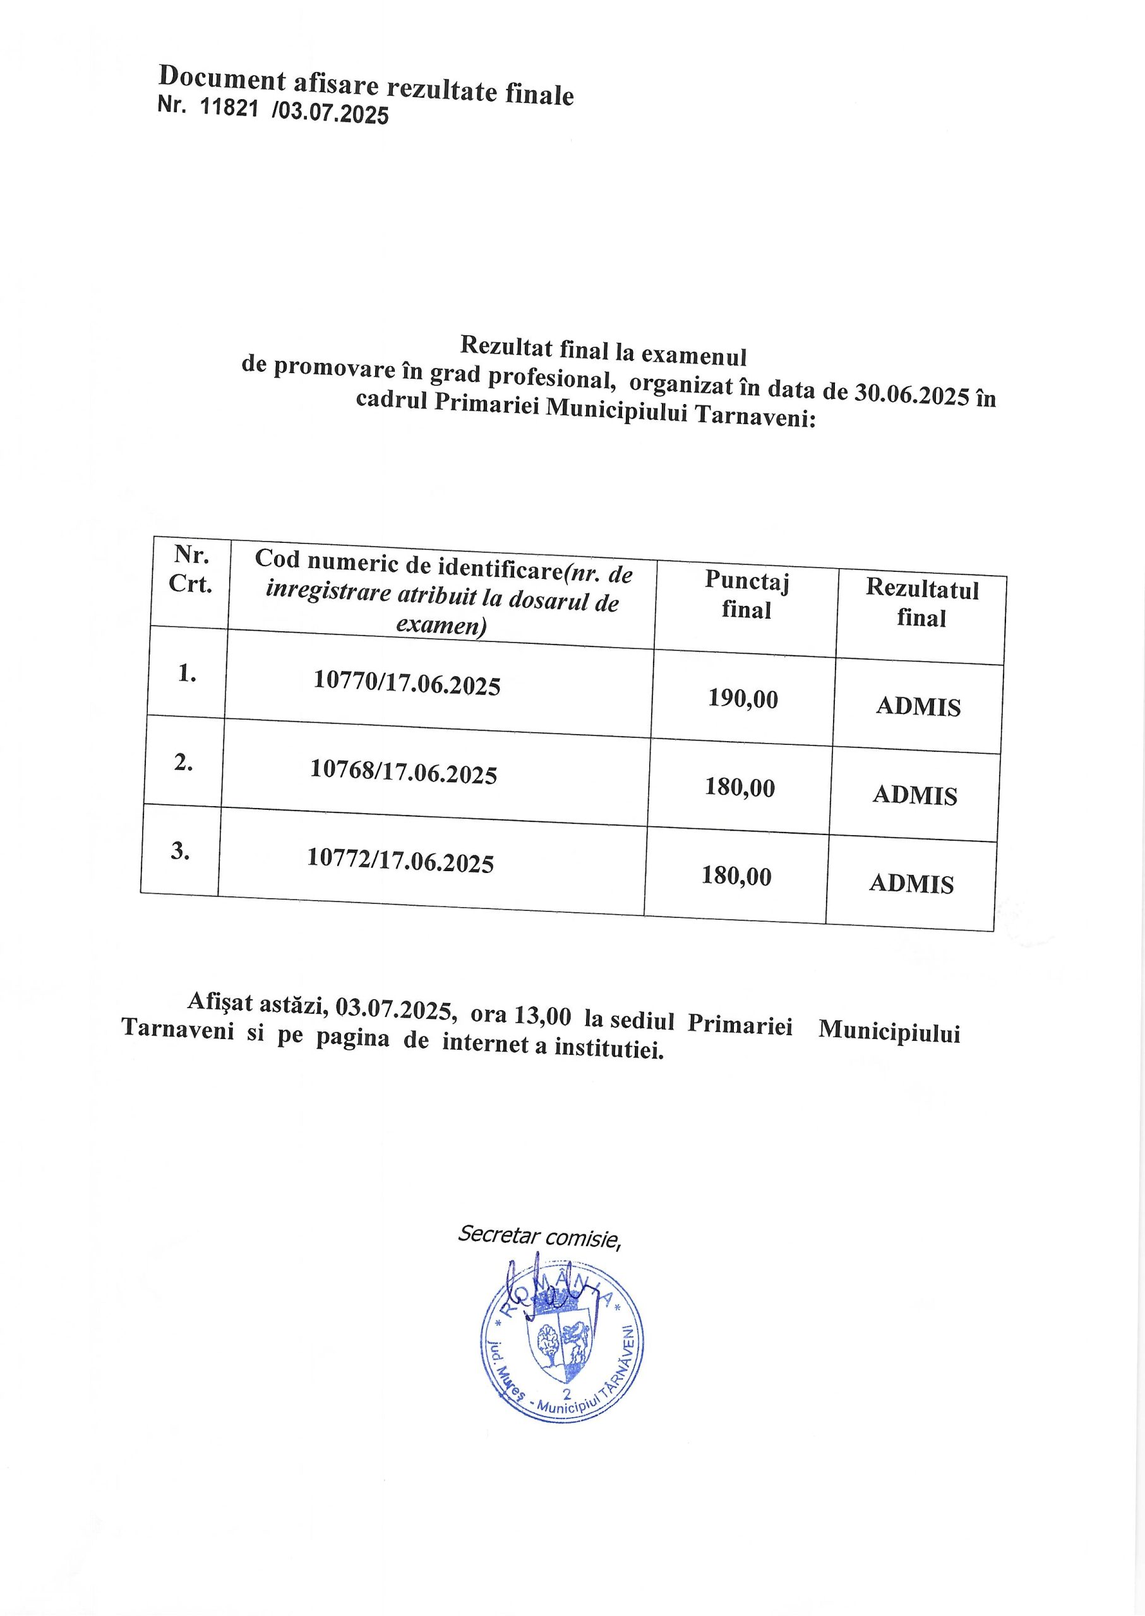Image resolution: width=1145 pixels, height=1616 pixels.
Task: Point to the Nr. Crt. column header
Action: tap(190, 569)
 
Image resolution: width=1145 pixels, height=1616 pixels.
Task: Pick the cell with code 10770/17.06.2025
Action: tap(407, 683)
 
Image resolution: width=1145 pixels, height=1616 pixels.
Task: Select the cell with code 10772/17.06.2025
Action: tap(400, 860)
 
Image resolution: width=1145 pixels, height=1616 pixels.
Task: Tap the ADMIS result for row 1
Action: tap(918, 706)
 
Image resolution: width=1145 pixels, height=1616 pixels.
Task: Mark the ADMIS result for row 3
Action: tap(911, 884)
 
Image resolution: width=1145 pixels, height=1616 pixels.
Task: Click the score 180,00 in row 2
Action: tap(740, 787)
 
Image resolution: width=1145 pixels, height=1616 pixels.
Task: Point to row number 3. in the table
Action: tap(181, 852)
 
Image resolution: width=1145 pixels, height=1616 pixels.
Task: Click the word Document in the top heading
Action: tap(222, 77)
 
